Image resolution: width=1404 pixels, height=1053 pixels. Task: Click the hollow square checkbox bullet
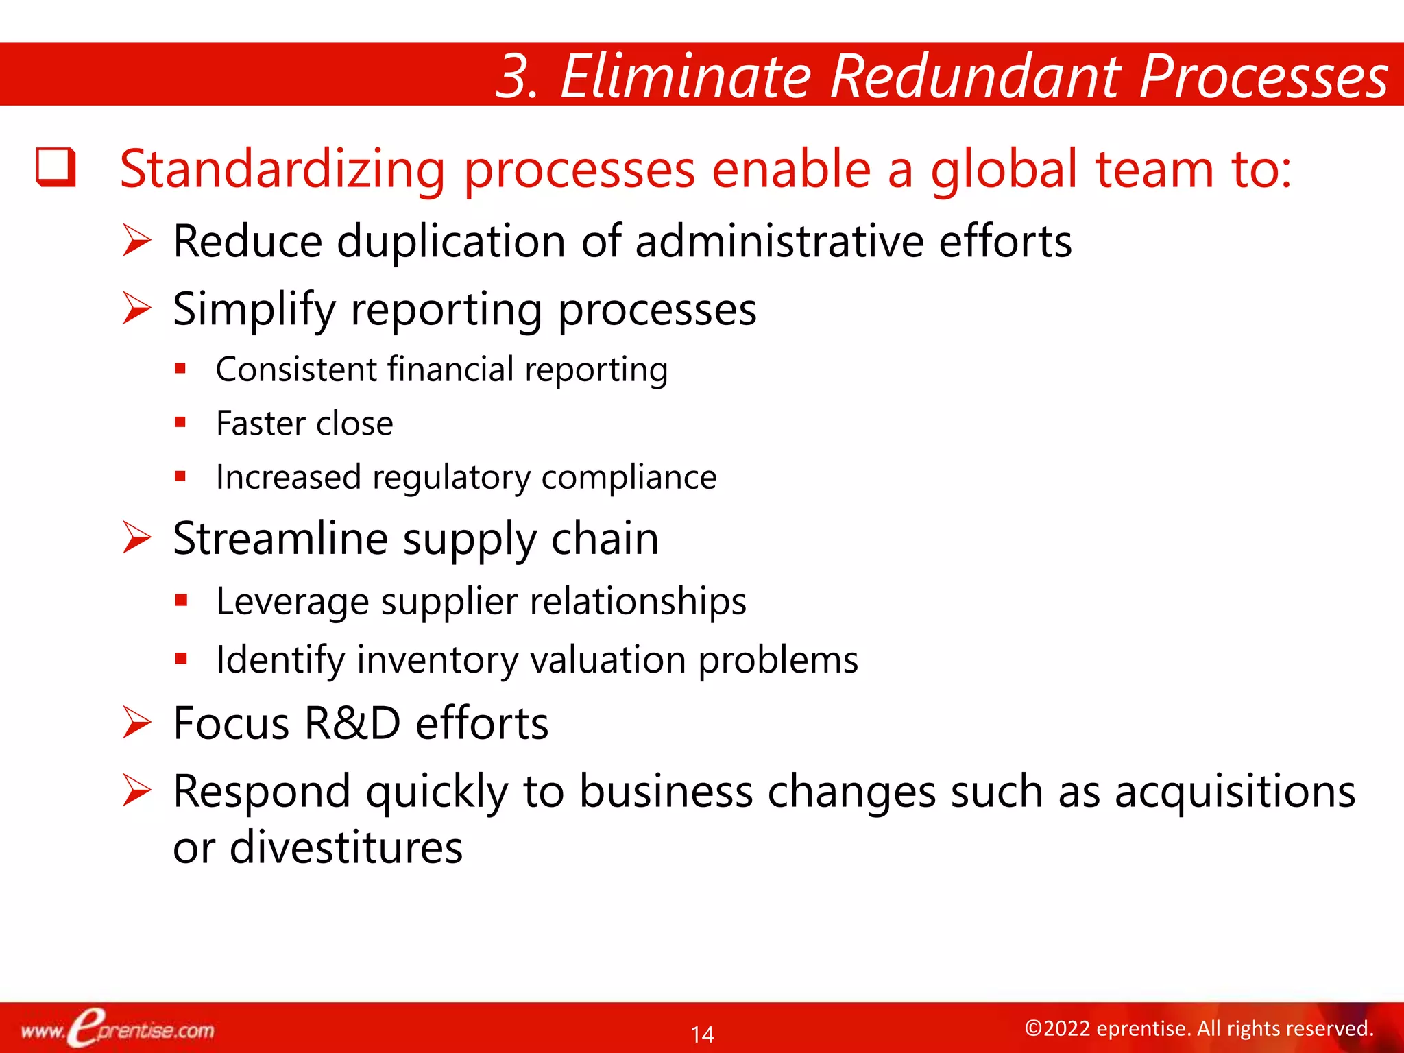56,167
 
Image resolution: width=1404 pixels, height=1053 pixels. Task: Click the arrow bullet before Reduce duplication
136,241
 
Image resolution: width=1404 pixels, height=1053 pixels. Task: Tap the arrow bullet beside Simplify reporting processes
136,308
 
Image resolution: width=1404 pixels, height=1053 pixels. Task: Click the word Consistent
296,370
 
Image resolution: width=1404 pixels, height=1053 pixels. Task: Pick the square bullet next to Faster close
180,422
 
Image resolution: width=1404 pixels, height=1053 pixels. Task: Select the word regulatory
451,478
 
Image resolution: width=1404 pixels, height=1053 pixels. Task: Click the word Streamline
280,538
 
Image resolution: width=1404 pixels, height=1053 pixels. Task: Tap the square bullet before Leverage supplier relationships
180,601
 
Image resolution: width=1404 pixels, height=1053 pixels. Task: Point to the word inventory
437,660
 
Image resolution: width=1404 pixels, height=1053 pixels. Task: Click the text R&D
352,723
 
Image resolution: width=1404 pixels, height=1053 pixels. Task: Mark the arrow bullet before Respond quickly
136,790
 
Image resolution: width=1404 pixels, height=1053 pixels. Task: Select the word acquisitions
1235,792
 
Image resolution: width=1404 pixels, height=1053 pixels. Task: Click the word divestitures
346,847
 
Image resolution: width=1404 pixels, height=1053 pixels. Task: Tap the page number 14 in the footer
702,1034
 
